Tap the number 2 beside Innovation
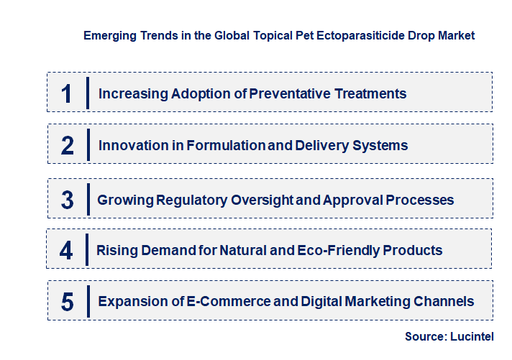point(67,145)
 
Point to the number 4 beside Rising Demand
point(66,251)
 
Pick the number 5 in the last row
point(67,302)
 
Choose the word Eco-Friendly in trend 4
point(348,251)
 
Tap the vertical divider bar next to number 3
point(87,198)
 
